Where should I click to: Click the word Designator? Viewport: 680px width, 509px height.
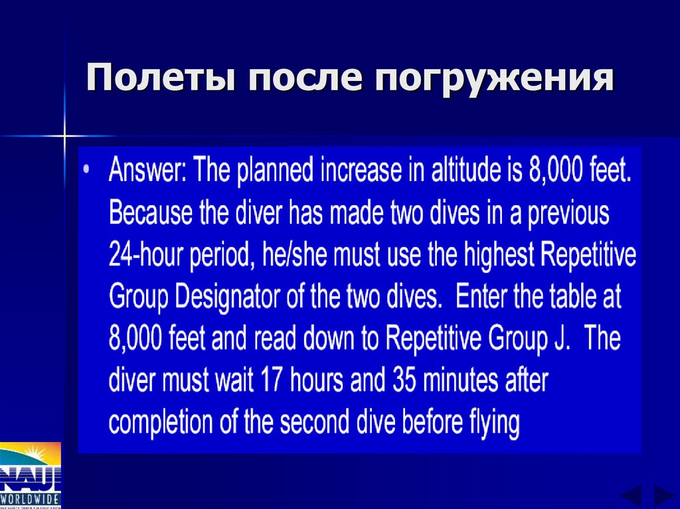coord(242,297)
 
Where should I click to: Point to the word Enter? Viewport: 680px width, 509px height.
coord(483,297)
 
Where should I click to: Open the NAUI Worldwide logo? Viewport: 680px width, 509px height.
coord(30,475)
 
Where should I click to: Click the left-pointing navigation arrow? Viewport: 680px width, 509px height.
coord(630,496)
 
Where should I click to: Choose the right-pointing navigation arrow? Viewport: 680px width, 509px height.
coord(663,496)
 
